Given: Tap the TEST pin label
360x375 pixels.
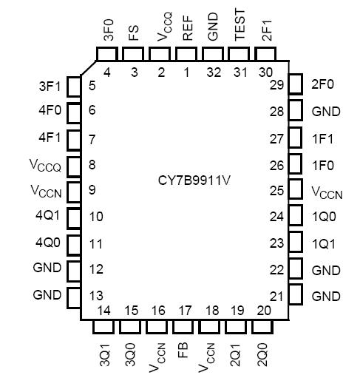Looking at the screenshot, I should point(240,27).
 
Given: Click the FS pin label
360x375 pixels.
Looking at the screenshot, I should point(134,31).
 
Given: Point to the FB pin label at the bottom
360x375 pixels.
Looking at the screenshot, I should point(187,346).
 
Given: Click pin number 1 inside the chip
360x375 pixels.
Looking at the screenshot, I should point(186,72).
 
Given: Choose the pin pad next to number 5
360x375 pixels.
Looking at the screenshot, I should point(74,86).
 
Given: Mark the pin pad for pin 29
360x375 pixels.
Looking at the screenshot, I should point(296,84).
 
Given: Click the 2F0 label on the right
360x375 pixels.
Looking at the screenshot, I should point(323,84).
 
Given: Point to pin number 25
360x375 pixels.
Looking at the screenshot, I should point(276,191).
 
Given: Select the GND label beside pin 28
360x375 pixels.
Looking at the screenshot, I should point(325,112).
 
